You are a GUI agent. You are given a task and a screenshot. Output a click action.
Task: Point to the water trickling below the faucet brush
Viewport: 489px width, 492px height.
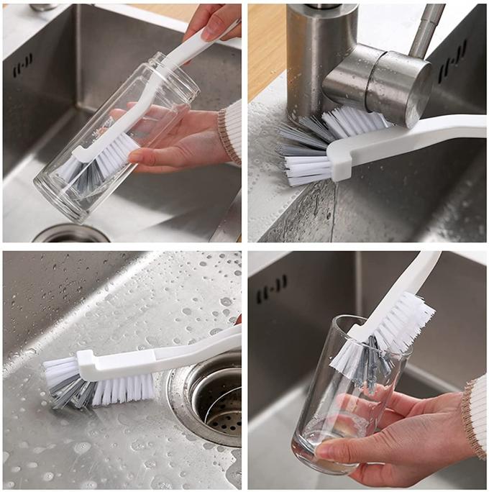coord(332,209)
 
